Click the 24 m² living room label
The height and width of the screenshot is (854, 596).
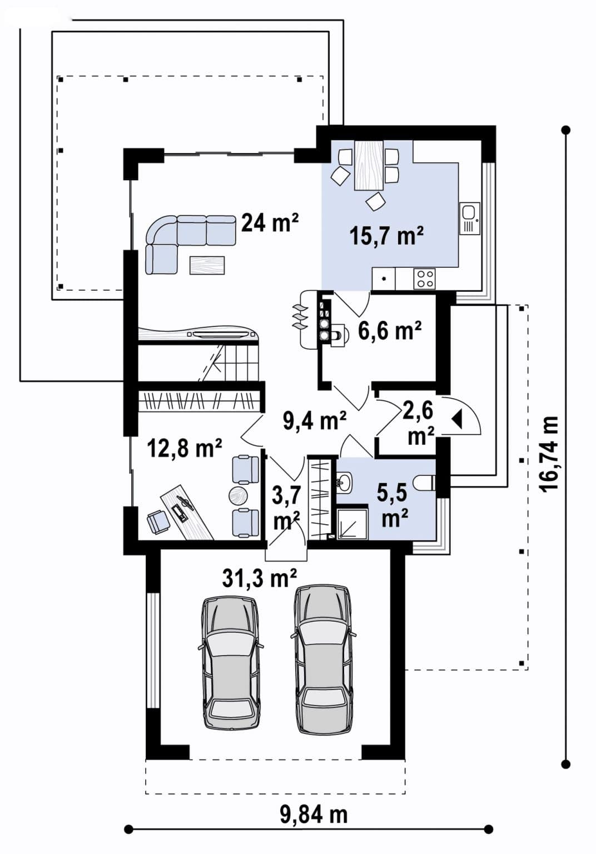click(270, 222)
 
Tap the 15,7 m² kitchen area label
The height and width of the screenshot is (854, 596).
click(386, 236)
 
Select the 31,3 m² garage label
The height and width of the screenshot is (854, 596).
click(259, 578)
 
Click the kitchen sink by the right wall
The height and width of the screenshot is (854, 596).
click(470, 218)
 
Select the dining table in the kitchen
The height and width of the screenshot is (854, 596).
click(369, 165)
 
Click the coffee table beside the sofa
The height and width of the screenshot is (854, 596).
click(207, 265)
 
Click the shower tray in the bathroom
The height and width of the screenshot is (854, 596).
click(352, 523)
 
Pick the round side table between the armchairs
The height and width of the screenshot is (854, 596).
click(239, 496)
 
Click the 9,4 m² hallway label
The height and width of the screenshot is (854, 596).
click(315, 420)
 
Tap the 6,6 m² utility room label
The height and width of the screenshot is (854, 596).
click(389, 331)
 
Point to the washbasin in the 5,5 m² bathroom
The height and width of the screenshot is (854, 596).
click(345, 483)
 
